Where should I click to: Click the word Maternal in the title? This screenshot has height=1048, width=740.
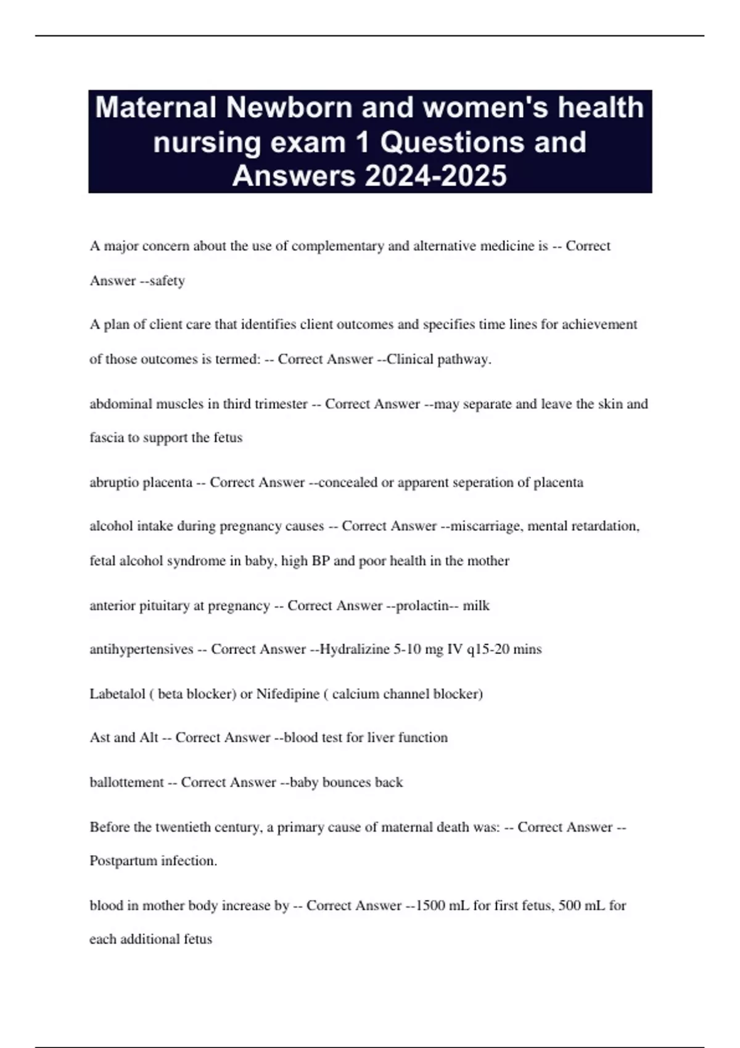(x=157, y=107)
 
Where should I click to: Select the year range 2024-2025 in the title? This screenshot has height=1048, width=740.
(x=436, y=176)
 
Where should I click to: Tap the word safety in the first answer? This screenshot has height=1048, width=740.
(x=167, y=280)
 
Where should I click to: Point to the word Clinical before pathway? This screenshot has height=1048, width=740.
(x=410, y=359)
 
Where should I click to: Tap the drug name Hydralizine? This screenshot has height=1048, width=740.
(x=354, y=649)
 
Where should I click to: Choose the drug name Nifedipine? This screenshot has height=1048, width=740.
(x=287, y=694)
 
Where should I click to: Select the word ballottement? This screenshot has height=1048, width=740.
(x=126, y=782)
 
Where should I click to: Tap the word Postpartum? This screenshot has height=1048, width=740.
(x=123, y=861)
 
